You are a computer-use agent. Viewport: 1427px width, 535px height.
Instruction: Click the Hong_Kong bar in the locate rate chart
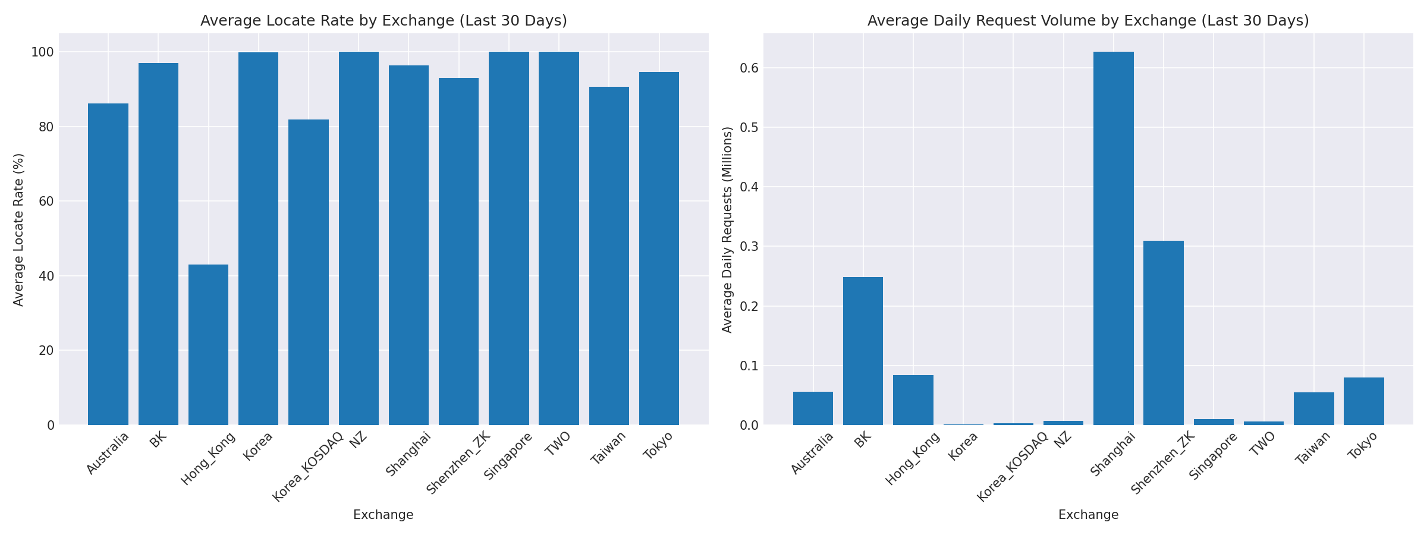tap(208, 345)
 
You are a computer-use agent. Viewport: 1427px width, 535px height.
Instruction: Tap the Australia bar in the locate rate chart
tap(108, 265)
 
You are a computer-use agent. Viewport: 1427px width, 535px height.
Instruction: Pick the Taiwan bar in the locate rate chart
tap(609, 256)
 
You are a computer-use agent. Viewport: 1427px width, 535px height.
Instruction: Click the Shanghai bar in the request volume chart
tap(1113, 238)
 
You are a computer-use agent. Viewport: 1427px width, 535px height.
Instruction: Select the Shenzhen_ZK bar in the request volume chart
tap(1163, 333)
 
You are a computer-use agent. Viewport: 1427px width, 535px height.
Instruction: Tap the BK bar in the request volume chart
tap(863, 351)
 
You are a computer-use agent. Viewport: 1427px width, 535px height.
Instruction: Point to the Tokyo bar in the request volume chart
tap(1363, 401)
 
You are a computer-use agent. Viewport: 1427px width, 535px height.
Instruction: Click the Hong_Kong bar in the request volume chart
tap(913, 400)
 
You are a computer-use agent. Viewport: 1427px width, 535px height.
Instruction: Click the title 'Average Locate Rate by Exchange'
tap(384, 21)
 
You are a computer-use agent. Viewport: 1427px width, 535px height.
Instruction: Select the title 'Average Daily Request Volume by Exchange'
tap(1088, 21)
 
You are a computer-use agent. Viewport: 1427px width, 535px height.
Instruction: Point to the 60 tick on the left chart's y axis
tap(46, 202)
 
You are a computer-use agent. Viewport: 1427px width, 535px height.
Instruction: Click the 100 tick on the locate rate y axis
tap(42, 52)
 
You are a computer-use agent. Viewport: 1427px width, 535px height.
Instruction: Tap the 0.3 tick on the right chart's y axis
tap(749, 247)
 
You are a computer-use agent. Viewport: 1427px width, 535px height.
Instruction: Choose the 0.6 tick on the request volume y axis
tap(749, 68)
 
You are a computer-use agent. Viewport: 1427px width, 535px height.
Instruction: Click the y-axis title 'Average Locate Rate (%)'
tap(18, 229)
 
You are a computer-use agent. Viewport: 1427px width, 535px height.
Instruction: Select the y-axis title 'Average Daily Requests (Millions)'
tap(727, 229)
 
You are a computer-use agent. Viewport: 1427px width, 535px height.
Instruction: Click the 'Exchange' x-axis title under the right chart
tap(1088, 515)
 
